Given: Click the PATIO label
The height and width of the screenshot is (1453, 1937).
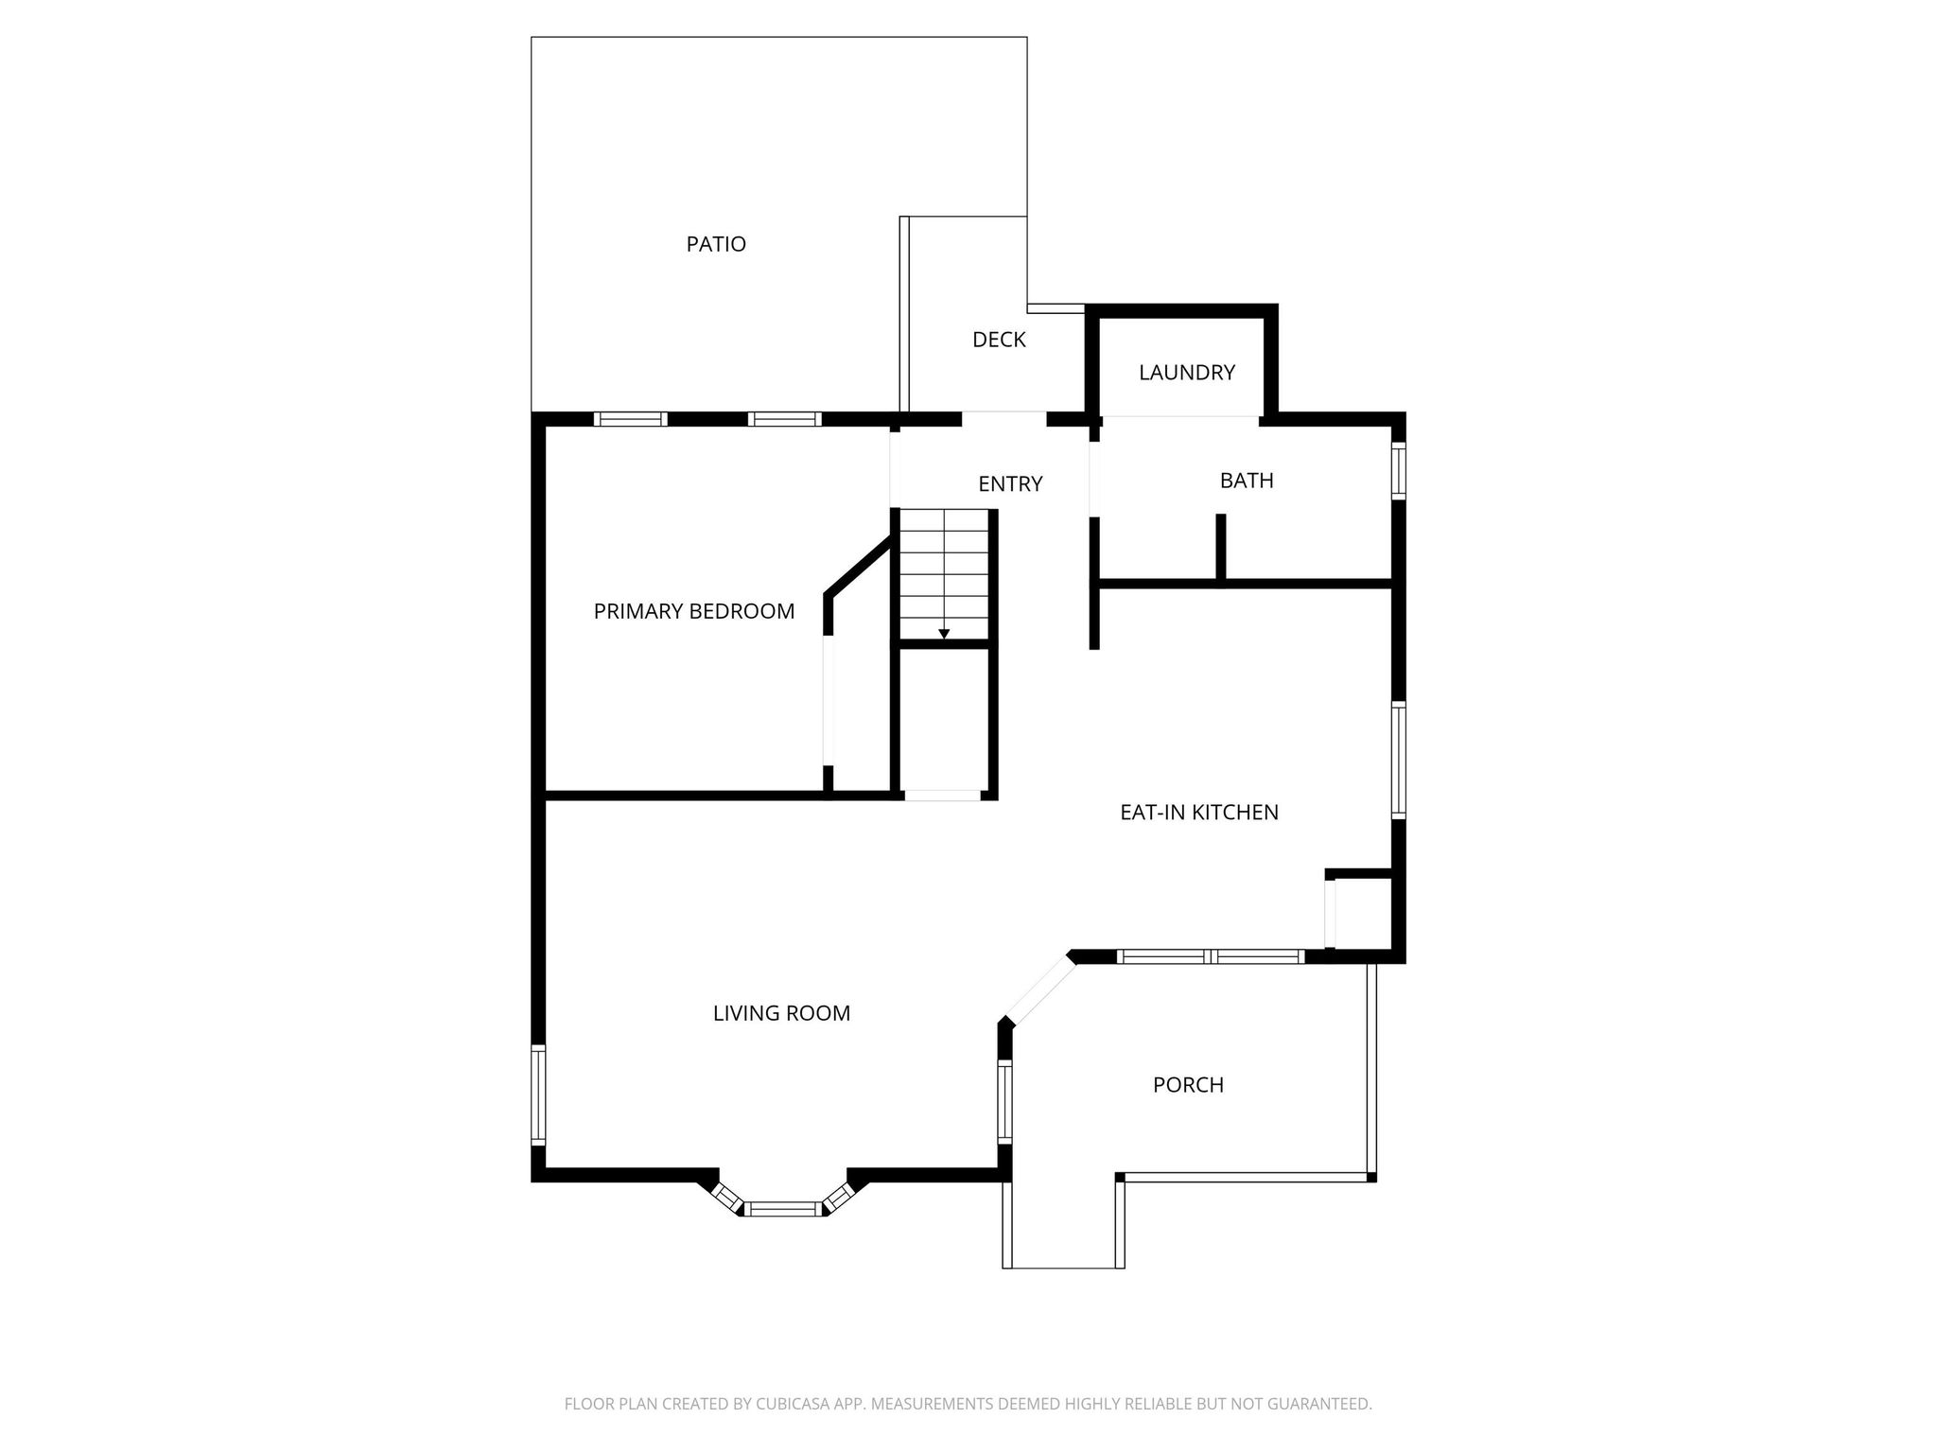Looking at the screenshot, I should (716, 244).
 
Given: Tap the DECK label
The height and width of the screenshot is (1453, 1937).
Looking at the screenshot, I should (999, 340).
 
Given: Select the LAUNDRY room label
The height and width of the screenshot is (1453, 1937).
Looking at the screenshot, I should (1186, 373).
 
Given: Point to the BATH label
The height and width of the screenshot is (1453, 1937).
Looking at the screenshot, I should (1246, 481).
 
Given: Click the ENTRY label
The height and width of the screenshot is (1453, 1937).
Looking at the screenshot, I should (1009, 484).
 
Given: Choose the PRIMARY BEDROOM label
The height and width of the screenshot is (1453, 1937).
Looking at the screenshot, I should (693, 611).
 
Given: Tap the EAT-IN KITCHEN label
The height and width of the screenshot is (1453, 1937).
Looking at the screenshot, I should (1198, 812).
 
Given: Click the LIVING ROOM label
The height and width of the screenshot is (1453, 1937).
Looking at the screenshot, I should (781, 1013).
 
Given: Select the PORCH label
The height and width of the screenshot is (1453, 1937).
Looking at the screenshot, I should (1188, 1085).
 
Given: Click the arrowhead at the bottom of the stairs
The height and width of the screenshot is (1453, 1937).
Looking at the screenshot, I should (944, 634).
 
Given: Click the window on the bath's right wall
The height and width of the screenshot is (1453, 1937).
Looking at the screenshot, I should (1398, 470).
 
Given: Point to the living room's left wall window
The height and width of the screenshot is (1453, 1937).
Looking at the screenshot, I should (538, 1094).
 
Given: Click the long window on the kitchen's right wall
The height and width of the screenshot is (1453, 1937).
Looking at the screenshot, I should (1398, 760).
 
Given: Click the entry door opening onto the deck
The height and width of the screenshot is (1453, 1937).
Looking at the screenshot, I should (1003, 418).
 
